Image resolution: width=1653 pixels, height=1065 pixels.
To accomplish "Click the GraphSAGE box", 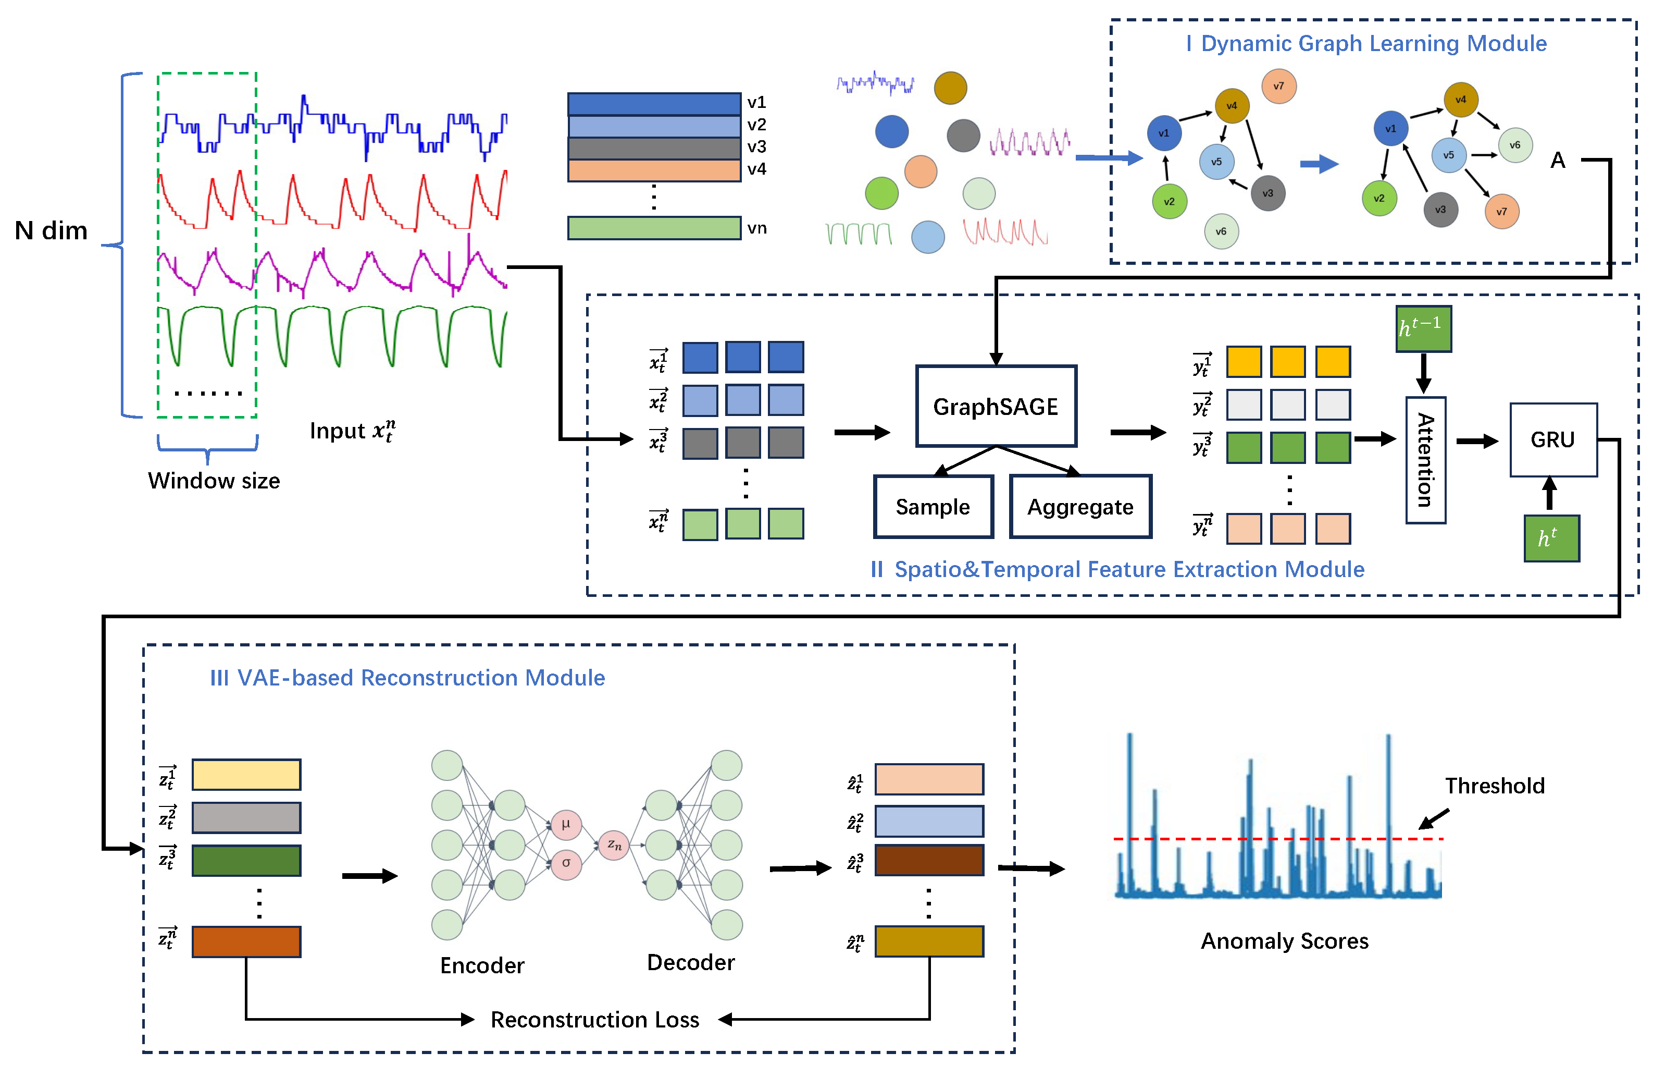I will click(x=995, y=406).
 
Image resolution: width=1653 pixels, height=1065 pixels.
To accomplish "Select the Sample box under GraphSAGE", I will click(x=933, y=506).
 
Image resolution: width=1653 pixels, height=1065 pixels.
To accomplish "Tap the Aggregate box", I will click(x=1079, y=506).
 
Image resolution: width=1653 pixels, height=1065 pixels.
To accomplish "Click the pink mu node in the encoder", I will click(x=565, y=824).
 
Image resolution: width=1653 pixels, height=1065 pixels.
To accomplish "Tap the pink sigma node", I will click(x=565, y=863).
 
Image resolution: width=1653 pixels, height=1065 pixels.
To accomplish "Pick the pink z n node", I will click(x=614, y=844).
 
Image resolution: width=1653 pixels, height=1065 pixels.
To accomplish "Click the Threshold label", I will click(x=1494, y=786).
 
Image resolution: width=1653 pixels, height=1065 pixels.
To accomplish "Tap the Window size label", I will click(x=214, y=481).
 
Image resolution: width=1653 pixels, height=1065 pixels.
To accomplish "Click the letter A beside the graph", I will click(x=1557, y=161).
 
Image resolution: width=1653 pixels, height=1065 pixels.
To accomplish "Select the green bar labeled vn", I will click(x=653, y=228).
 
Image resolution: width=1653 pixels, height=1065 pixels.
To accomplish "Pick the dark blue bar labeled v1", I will click(x=653, y=104).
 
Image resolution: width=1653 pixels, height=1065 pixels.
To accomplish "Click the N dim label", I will click(x=51, y=230).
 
